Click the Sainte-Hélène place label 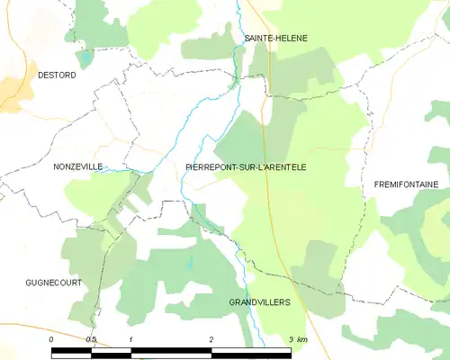pos(275,39)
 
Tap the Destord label pos(57,76)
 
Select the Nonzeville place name pos(78,166)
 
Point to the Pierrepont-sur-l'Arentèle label pos(251,166)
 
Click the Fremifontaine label pos(406,184)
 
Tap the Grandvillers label pos(260,302)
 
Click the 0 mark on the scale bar pos(51,338)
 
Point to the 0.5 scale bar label pos(91,338)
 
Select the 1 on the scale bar pos(131,338)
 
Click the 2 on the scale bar pos(211,338)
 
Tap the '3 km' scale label pos(298,338)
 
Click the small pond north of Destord pos(84,58)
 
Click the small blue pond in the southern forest pos(189,263)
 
